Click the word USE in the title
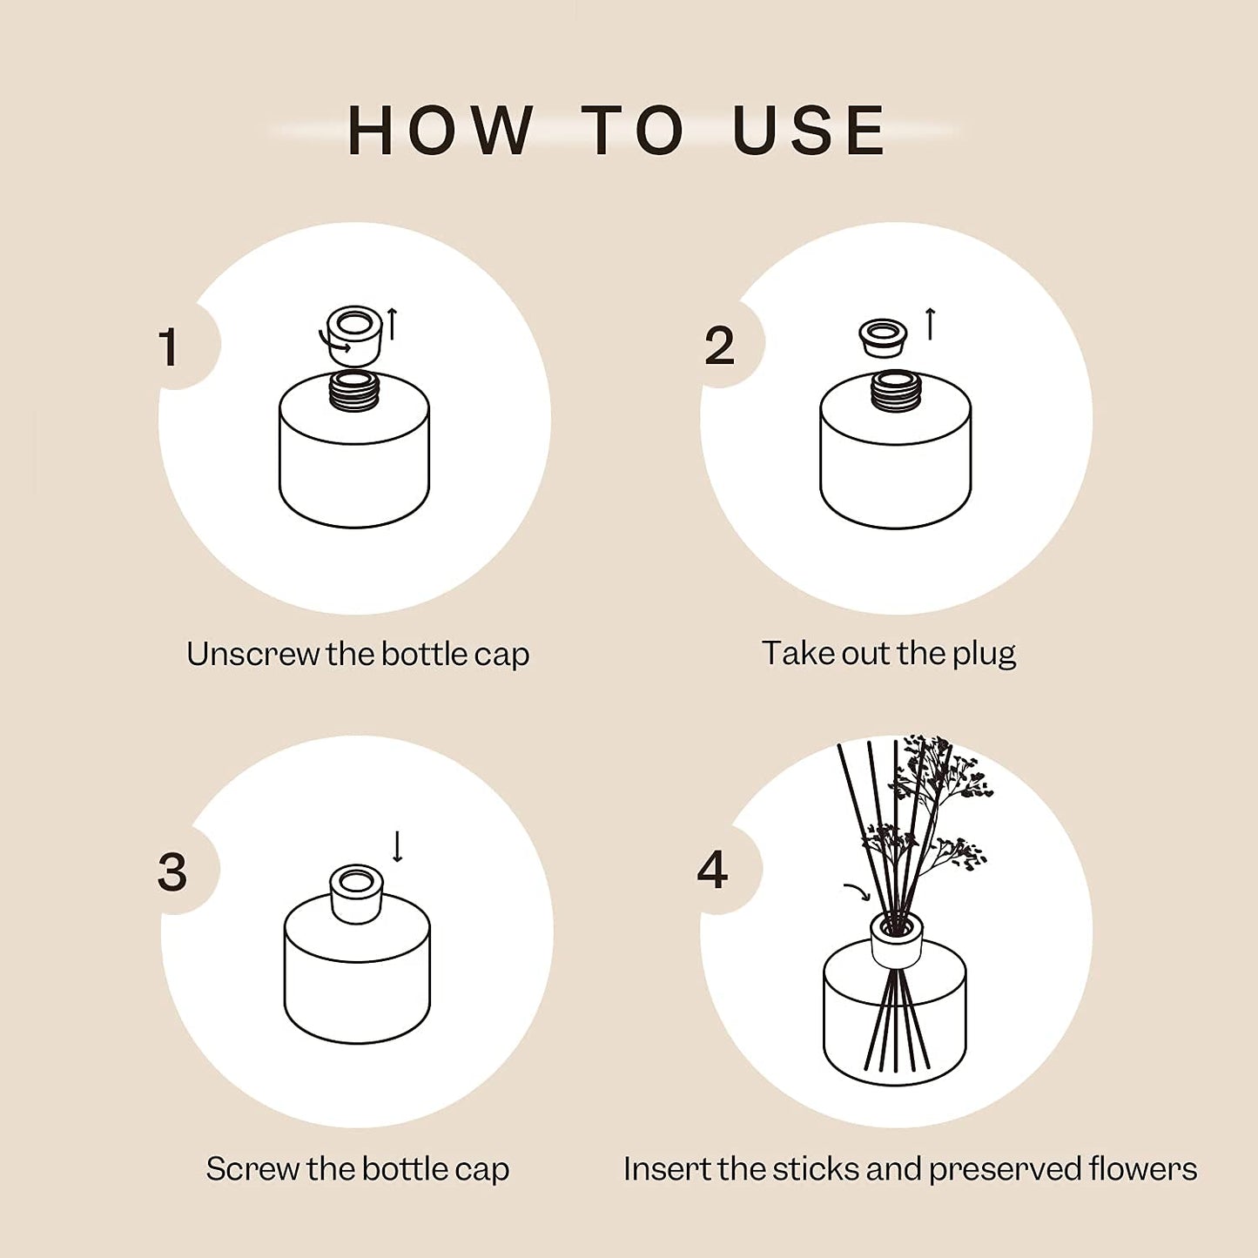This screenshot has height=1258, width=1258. (x=809, y=131)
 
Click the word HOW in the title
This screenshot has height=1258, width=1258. (x=441, y=131)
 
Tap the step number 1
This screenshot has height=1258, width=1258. (x=169, y=347)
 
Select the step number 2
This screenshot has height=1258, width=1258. (x=719, y=346)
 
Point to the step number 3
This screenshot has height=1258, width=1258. (x=172, y=871)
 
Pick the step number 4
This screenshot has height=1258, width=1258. (x=712, y=870)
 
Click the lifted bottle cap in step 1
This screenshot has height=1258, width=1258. (x=355, y=333)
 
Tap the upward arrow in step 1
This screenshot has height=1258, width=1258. (x=393, y=324)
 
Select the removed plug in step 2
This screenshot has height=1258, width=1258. (x=883, y=337)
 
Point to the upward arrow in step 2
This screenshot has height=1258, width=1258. (x=930, y=324)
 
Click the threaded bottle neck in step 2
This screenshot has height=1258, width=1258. (x=896, y=391)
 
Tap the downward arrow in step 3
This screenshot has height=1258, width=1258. (x=398, y=846)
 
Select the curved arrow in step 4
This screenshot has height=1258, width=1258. (x=857, y=891)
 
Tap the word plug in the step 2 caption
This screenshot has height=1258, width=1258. (x=984, y=654)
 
